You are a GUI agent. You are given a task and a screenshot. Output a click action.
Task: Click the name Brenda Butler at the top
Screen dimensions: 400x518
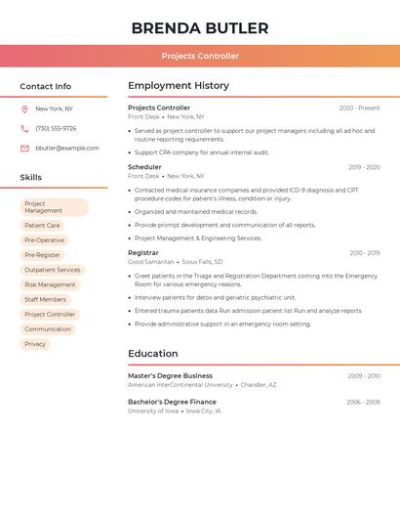200,27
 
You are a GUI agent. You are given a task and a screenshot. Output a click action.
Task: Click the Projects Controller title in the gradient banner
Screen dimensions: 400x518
200,56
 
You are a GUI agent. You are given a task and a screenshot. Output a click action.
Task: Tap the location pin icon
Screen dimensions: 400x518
24,108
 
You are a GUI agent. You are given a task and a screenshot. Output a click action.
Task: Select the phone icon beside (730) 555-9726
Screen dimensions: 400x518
24,128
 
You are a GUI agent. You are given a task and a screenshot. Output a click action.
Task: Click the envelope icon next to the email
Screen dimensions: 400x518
24,148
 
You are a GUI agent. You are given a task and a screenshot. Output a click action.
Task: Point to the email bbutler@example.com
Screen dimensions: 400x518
67,148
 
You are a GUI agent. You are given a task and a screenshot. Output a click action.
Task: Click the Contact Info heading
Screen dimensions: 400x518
45,86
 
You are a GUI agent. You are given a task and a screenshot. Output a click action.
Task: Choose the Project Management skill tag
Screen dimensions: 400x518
55,207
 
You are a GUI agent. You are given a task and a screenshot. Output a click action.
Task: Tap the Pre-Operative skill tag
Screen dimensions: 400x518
45,240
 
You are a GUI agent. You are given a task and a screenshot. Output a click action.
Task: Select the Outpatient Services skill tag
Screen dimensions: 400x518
53,270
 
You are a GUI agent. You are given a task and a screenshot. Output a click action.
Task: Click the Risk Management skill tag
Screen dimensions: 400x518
50,284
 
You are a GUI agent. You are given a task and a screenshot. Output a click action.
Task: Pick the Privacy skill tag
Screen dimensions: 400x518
35,344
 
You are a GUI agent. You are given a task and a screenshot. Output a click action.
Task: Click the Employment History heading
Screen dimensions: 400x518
179,86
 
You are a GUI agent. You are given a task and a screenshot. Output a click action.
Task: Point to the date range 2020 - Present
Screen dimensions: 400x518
359,108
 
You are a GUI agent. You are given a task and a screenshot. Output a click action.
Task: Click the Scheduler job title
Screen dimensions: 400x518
144,167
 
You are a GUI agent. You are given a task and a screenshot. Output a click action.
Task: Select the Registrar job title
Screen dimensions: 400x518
142,252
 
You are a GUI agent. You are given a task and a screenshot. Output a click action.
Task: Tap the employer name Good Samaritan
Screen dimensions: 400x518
151,262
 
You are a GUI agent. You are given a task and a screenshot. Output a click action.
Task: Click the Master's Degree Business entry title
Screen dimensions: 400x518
170,375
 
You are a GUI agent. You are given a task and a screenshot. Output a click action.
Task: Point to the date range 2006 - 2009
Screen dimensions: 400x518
362,402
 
